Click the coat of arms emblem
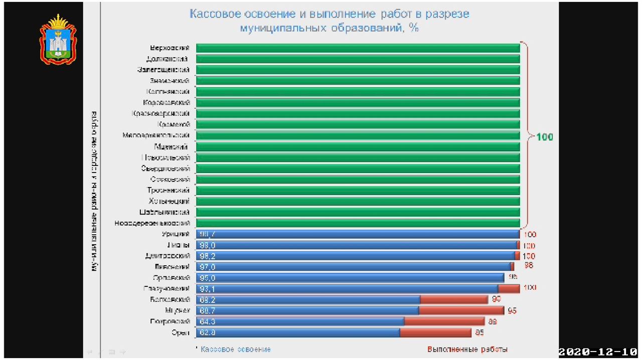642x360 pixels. [58, 40]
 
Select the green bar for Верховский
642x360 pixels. [358, 48]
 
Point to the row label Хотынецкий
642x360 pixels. [169, 201]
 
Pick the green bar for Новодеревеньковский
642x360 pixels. [358, 223]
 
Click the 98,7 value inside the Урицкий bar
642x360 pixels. [207, 234]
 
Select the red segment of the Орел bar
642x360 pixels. [435, 332]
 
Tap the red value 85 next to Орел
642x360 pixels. [479, 332]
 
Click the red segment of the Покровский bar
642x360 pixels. [444, 321]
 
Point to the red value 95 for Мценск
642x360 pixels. [512, 311]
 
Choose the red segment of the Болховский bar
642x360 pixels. [454, 300]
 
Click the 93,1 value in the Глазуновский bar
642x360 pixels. [207, 289]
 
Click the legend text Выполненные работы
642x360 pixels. [467, 349]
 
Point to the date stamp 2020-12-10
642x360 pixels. [598, 351]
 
